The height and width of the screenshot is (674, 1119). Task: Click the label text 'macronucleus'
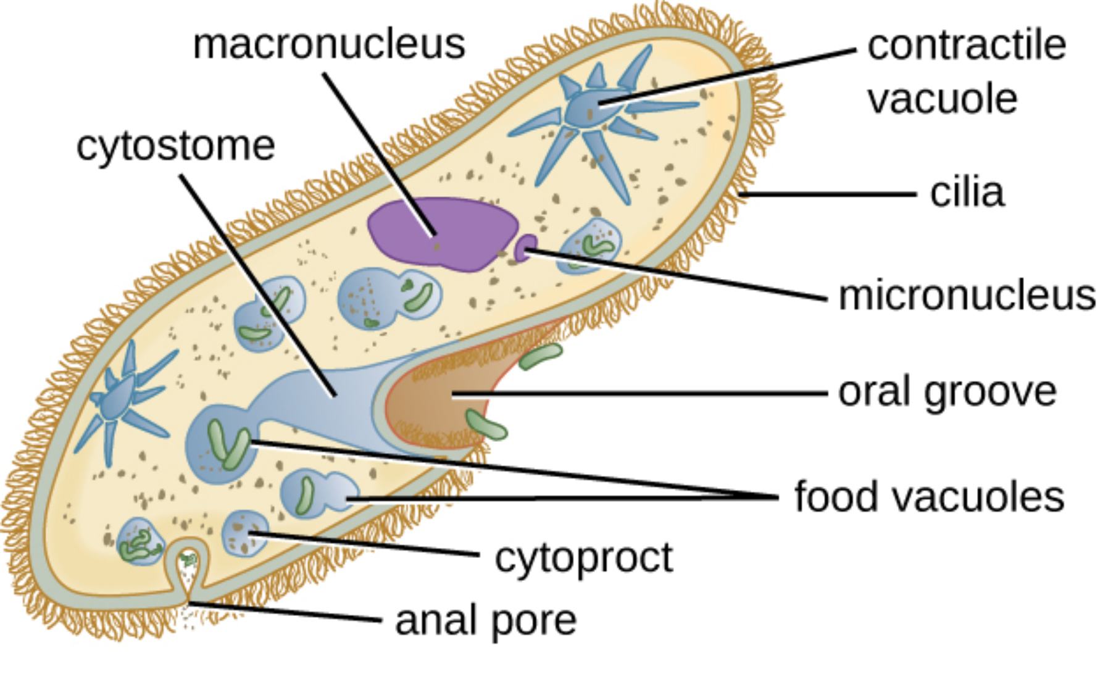(329, 44)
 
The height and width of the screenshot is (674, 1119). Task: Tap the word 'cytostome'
(176, 146)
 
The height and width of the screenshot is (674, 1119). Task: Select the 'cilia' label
(967, 193)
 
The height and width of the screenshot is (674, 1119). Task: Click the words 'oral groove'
(947, 392)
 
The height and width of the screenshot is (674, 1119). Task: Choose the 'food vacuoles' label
(929, 497)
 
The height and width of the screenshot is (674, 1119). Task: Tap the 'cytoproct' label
(583, 557)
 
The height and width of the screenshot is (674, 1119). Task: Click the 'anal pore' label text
(486, 620)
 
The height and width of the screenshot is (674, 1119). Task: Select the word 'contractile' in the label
(967, 45)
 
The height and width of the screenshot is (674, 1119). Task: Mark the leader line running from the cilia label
(827, 194)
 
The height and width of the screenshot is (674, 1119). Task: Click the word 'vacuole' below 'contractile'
(942, 99)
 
